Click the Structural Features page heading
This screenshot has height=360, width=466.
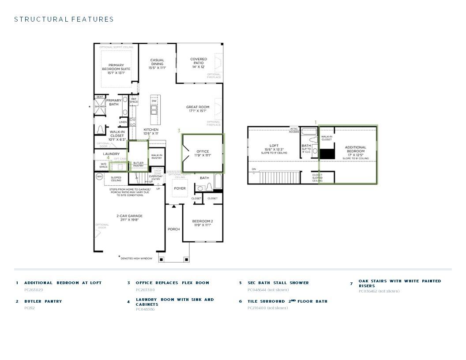pyautogui.click(x=64, y=19)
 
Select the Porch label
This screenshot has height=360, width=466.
pyautogui.click(x=174, y=229)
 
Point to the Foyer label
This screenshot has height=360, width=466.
pyautogui.click(x=180, y=188)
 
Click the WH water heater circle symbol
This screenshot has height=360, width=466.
pyautogui.click(x=99, y=176)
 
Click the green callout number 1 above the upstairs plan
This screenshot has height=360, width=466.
pyautogui.click(x=316, y=122)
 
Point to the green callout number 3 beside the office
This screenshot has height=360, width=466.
pyautogui.click(x=179, y=131)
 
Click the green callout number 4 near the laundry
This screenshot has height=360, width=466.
pyautogui.click(x=108, y=157)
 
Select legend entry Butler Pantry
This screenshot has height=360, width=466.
pyautogui.click(x=43, y=301)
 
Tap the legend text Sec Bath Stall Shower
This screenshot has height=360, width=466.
pyautogui.click(x=278, y=283)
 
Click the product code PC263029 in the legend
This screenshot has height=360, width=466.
pyautogui.click(x=34, y=290)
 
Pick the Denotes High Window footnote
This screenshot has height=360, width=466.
pyautogui.click(x=137, y=259)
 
